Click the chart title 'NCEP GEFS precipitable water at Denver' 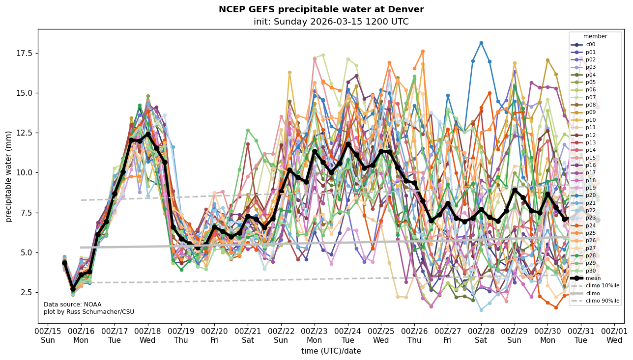[x=321, y=9]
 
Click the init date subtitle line [x=331, y=22]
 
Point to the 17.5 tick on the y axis [x=24, y=53]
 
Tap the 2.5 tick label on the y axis [x=26, y=292]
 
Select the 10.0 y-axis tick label [x=24, y=172]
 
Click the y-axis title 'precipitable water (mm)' [x=9, y=176]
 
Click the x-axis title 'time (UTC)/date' [x=331, y=351]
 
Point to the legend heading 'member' [x=595, y=36]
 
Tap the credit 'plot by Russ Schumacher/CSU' [x=88, y=312]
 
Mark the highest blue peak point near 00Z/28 [x=481, y=43]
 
